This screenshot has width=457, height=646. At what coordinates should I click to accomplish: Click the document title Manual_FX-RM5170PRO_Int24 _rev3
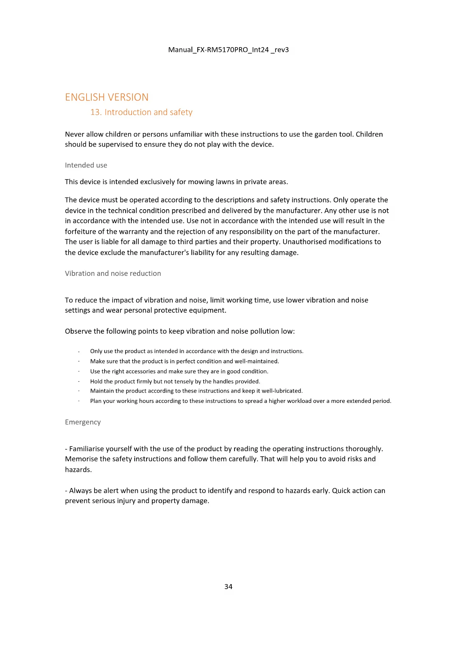click(x=228, y=50)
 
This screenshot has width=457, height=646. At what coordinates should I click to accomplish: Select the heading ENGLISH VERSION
click(x=107, y=97)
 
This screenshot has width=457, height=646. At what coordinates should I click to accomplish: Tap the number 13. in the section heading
click(x=96, y=112)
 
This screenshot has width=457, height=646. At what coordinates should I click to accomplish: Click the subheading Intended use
click(x=86, y=165)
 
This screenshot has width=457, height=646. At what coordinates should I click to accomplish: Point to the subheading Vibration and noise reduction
click(x=113, y=274)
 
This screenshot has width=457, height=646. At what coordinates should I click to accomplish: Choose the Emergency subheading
click(x=83, y=422)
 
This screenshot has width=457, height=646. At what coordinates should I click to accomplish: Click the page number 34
click(x=228, y=587)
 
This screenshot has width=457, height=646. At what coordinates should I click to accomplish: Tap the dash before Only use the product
click(x=79, y=351)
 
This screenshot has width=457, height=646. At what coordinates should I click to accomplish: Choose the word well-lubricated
click(x=282, y=391)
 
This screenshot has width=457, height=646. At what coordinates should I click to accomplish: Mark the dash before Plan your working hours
click(x=79, y=401)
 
